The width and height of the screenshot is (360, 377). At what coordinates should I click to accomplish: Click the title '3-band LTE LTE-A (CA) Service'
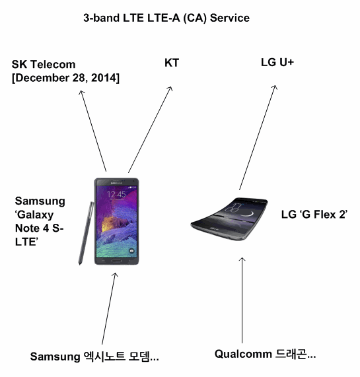166,18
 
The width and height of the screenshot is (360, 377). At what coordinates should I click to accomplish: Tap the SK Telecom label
44,65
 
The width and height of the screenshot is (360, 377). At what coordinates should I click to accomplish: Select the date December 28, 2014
65,78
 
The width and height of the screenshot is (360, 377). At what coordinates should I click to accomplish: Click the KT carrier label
172,63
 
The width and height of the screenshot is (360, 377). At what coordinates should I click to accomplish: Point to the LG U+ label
277,63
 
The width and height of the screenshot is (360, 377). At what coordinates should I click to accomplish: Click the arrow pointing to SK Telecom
92,131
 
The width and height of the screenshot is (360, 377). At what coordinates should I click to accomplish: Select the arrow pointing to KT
151,129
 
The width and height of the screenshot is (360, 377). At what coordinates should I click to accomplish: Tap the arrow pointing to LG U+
258,137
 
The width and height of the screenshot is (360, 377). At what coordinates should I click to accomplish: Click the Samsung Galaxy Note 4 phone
117,221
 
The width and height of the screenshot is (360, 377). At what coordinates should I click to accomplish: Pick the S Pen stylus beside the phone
86,233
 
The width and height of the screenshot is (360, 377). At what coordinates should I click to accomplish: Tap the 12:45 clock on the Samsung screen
116,194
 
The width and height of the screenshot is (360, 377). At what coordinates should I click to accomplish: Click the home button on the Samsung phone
116,261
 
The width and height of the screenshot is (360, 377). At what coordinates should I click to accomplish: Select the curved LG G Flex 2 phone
229,219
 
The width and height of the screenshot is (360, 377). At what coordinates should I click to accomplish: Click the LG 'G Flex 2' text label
314,214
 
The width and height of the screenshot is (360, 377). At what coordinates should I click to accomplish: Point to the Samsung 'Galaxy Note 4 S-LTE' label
40,221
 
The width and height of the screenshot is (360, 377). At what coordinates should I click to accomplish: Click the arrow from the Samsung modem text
109,309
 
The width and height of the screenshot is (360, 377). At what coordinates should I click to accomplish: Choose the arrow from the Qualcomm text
242,300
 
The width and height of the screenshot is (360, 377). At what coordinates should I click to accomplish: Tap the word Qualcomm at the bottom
243,355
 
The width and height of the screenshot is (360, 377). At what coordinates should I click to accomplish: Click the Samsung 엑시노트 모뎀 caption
94,357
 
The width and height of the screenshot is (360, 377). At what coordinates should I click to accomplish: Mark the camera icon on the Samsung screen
131,251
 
